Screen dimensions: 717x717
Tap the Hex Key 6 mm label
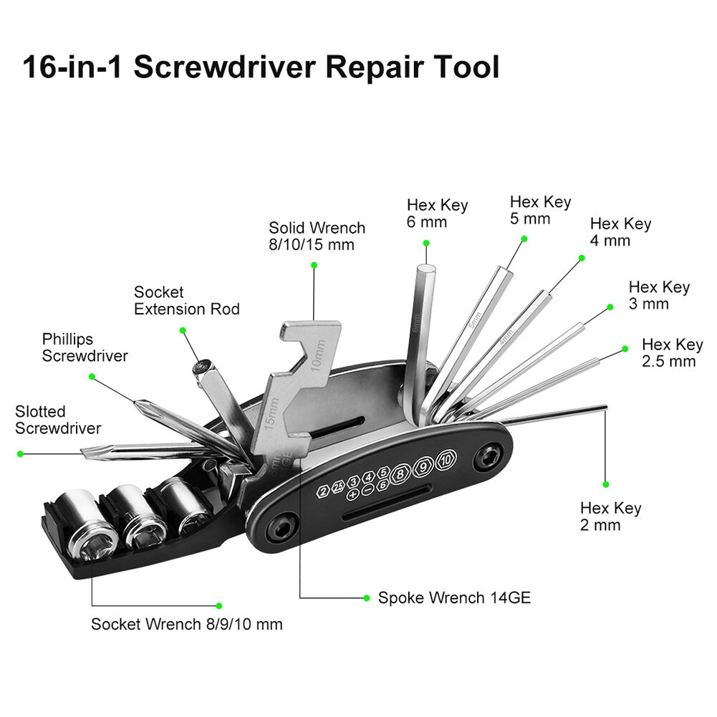coord(437,213)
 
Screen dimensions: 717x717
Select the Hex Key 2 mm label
coord(610,516)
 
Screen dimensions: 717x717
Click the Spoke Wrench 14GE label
coord(455,597)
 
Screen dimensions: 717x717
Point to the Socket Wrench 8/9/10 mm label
coord(186,624)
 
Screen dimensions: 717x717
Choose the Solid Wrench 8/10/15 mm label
coord(317,236)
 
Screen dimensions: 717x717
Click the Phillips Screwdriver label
coord(85,347)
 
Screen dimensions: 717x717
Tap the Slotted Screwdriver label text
coord(57,420)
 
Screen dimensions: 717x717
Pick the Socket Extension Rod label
coord(186,301)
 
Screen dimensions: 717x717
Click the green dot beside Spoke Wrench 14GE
coord(365,597)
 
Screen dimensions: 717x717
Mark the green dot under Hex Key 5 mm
coord(524,239)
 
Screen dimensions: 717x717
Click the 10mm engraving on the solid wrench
coord(319,354)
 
